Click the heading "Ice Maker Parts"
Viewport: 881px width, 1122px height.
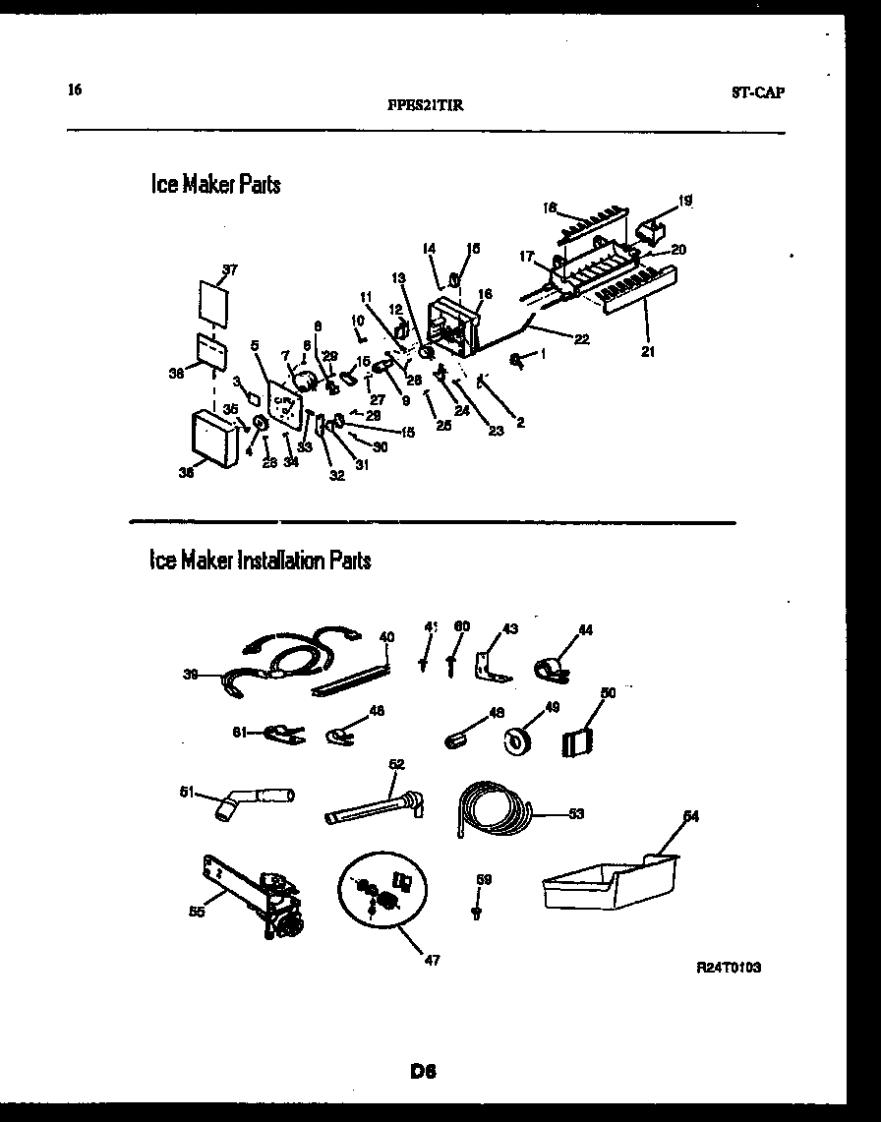click(x=215, y=184)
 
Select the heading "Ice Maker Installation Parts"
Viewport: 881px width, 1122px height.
click(x=260, y=561)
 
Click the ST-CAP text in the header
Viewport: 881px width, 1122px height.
click(x=758, y=93)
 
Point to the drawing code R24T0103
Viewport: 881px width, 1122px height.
click(x=729, y=968)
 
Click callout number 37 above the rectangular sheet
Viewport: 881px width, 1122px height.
click(x=230, y=268)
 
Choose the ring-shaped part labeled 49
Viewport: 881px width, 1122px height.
click(x=518, y=740)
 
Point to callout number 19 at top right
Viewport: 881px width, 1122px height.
click(x=684, y=201)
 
